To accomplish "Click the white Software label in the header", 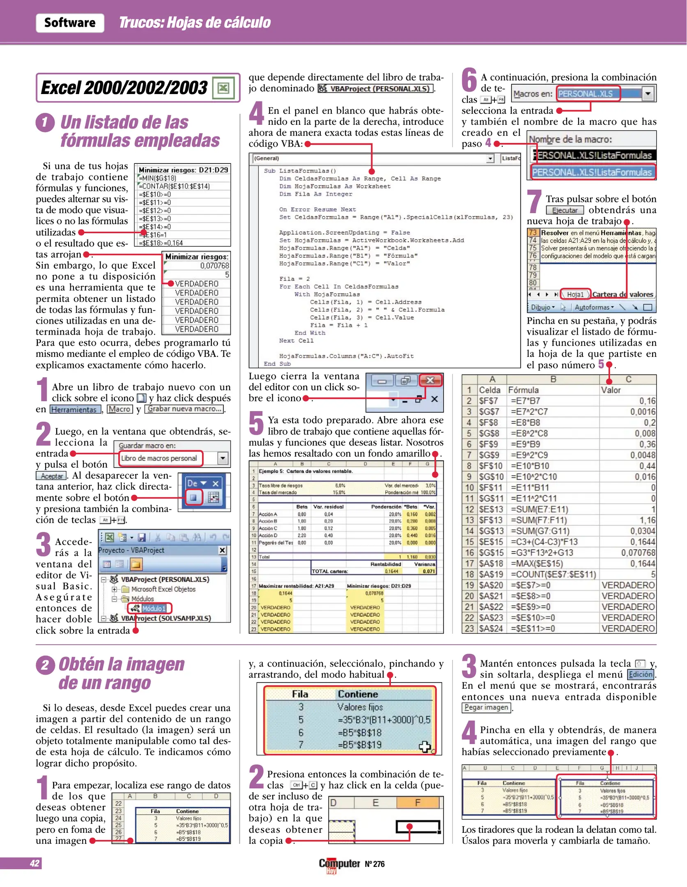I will [70, 23].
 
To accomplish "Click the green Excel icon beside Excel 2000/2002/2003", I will [223, 87].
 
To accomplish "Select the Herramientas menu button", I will [74, 409].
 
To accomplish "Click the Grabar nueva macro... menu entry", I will [184, 409].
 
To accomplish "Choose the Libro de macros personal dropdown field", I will [161, 458].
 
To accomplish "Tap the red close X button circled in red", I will [430, 380].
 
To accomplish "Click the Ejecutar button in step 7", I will [565, 210].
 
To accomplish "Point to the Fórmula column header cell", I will [523, 390].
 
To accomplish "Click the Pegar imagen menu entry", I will [486, 707].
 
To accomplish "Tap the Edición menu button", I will [640, 674].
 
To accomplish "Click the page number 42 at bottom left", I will [34, 863].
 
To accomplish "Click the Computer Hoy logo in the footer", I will [339, 864].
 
